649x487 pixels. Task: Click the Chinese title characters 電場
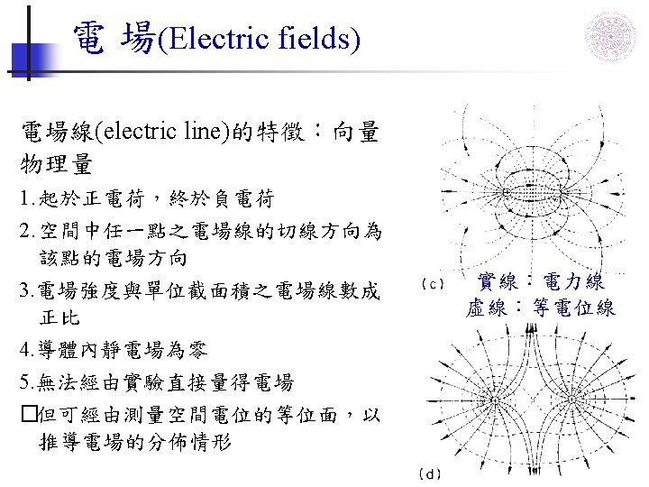[114, 39]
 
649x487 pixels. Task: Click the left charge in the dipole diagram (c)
[507, 193]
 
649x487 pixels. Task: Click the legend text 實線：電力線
[541, 282]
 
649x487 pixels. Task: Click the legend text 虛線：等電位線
[541, 308]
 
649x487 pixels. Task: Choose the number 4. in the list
[27, 352]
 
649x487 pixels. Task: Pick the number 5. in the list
[27, 383]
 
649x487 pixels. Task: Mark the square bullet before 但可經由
[28, 416]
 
